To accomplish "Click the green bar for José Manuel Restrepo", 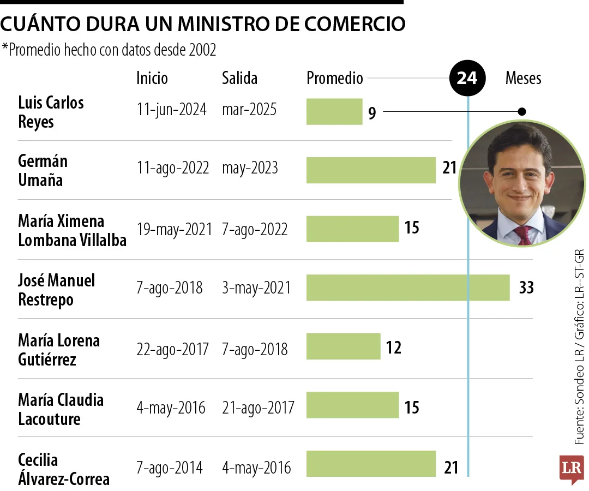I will point(408,288).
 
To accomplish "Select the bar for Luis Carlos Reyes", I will point(334,112).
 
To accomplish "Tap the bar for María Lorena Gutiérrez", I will point(343,347).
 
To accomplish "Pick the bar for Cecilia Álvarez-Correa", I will point(371,464).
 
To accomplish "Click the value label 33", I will point(526,288).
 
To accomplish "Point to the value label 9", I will point(372,113).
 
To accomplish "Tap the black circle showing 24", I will point(467,79).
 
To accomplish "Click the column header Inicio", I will point(152,78).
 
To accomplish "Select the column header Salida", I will point(239,78).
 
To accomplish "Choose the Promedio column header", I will point(334,78).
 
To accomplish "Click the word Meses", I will point(523,78).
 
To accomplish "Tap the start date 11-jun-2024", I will point(172,110).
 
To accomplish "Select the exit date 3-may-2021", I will point(256,288).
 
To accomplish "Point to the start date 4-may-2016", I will point(171,408).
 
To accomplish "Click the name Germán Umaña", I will point(43,170).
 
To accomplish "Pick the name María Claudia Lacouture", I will point(61,409).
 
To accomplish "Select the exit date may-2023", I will point(250,168).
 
